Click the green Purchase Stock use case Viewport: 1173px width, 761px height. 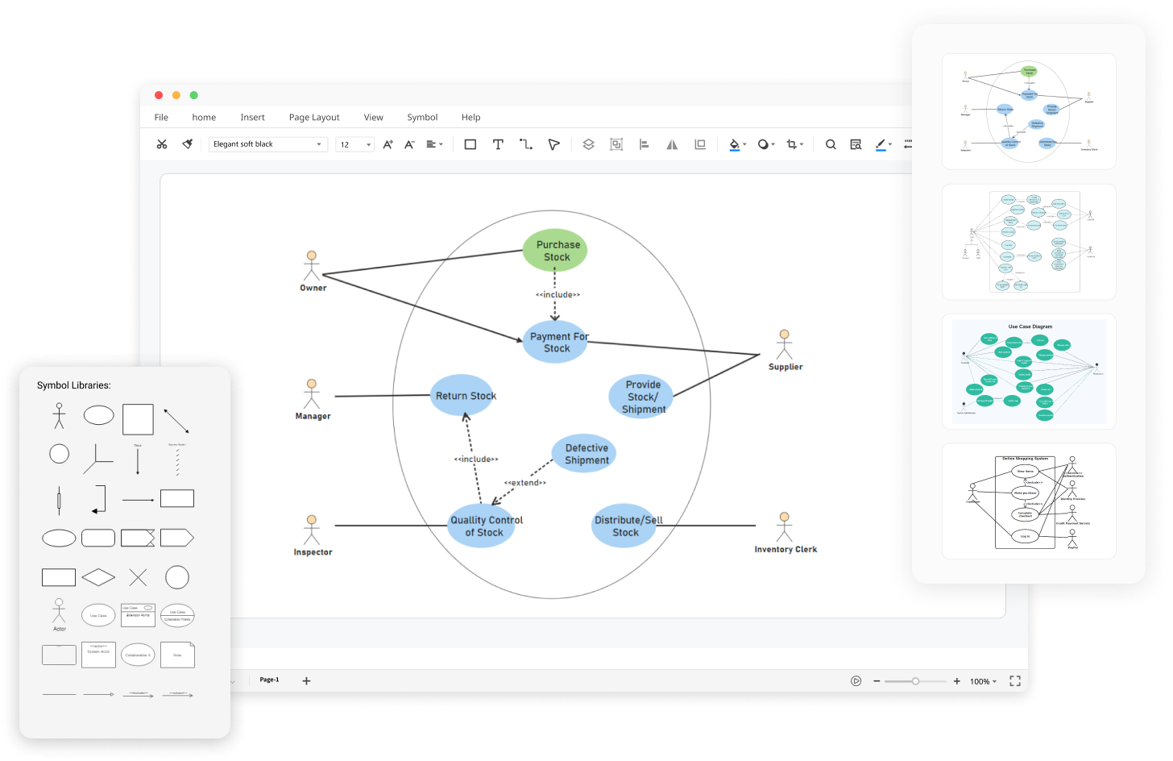(555, 251)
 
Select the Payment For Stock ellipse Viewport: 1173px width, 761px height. (555, 342)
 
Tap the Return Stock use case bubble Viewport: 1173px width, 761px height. (463, 396)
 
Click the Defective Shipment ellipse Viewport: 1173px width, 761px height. (585, 454)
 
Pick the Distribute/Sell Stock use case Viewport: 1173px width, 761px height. (624, 526)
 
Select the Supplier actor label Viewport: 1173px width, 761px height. (785, 367)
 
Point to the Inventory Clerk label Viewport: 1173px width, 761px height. (785, 550)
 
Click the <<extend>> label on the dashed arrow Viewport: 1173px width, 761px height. (525, 483)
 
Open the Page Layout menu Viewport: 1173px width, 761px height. (314, 118)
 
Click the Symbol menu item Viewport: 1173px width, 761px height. (422, 118)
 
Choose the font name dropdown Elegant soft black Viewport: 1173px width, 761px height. (267, 144)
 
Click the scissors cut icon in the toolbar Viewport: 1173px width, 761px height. (162, 144)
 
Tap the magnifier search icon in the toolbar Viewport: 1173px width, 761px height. (831, 144)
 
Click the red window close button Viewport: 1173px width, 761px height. (159, 95)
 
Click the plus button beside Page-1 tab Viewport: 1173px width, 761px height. (306, 681)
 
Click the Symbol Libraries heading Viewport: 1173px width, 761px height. (74, 385)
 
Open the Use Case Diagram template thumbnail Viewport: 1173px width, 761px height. (1029, 372)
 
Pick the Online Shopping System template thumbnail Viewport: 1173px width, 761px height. (1029, 501)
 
